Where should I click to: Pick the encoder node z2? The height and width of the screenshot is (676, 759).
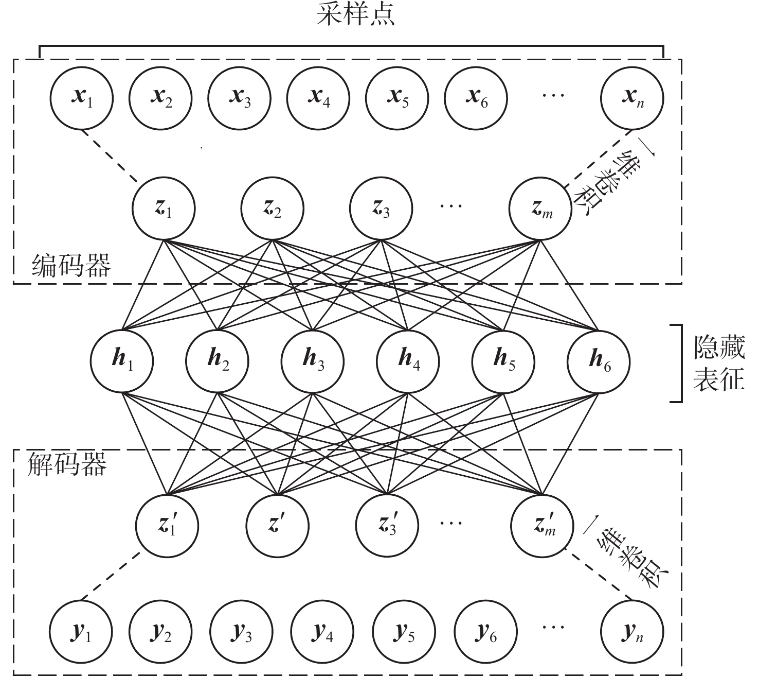tap(272, 208)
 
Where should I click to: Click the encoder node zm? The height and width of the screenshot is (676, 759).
tap(540, 208)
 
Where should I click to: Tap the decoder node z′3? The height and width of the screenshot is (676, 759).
tap(387, 526)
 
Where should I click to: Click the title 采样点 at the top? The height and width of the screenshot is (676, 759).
tap(356, 15)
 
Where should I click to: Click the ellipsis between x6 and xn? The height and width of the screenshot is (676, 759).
tap(553, 96)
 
